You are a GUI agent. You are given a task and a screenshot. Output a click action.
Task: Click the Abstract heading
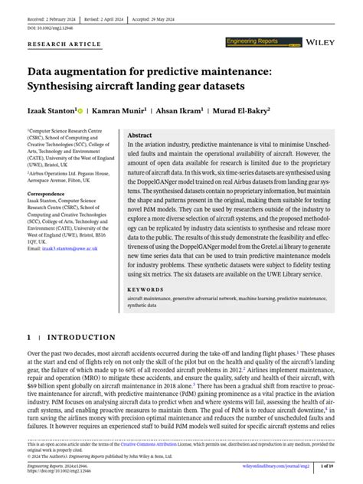(141, 134)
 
